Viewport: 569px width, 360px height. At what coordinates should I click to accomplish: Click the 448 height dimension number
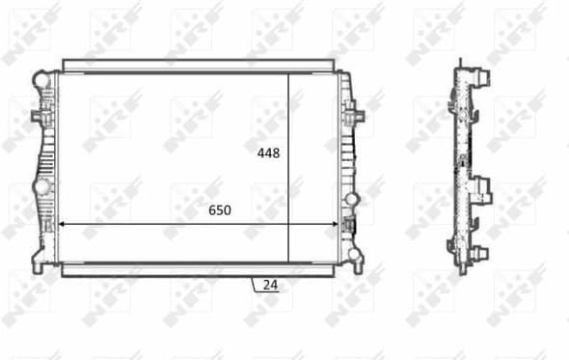tap(268, 153)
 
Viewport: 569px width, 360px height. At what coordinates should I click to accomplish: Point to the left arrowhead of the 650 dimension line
tap(64, 223)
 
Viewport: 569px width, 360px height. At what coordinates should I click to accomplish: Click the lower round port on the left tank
tap(41, 185)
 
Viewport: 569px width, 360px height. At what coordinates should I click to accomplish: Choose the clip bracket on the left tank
tap(39, 116)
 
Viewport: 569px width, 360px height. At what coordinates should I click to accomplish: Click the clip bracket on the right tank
tap(358, 117)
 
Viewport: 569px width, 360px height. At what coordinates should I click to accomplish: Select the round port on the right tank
tap(352, 199)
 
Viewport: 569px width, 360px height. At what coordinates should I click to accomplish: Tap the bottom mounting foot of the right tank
tap(357, 258)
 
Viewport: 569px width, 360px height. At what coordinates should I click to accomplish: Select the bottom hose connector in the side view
tap(480, 253)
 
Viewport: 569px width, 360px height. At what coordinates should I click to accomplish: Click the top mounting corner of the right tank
tap(348, 77)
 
